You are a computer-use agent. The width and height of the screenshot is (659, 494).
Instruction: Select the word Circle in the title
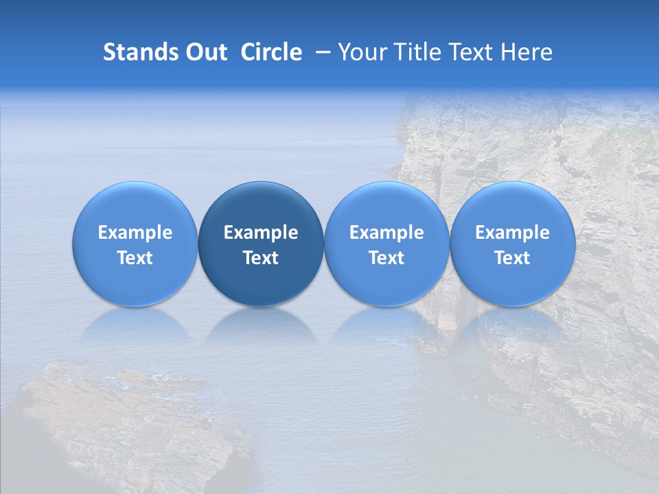coord(271,52)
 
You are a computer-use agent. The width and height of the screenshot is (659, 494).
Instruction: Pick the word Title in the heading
coord(419,52)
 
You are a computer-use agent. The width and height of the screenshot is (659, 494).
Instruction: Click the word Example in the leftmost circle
coord(135,233)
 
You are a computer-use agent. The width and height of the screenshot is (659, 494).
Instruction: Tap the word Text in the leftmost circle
coord(135,258)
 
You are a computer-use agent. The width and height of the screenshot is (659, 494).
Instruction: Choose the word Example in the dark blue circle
coord(261,233)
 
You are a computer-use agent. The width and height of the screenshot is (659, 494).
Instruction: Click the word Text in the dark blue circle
coord(261,258)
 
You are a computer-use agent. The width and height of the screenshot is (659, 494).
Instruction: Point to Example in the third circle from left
coord(386,233)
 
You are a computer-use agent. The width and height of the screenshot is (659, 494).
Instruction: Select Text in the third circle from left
coord(386,258)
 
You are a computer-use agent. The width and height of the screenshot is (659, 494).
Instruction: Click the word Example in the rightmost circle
coord(512,233)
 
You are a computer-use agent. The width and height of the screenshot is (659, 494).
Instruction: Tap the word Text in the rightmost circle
coord(512,258)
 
